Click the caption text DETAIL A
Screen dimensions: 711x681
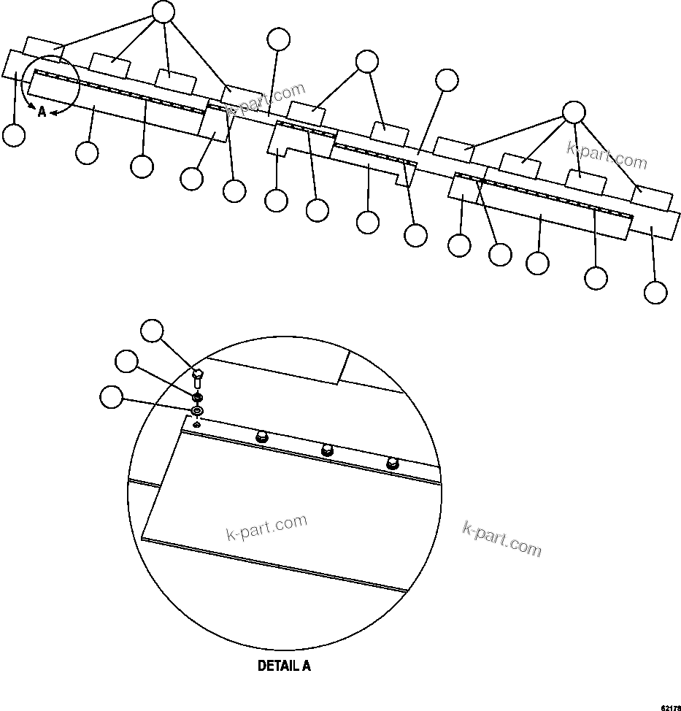[x=284, y=666]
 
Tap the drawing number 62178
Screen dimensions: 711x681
[x=669, y=707]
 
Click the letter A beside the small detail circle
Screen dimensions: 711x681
[x=42, y=112]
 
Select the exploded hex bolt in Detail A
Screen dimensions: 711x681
[x=196, y=379]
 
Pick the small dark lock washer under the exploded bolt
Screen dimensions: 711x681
[x=196, y=397]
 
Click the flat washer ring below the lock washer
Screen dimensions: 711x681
[x=196, y=412]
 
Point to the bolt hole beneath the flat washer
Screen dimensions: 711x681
[x=196, y=425]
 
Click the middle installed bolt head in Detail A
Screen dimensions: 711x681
[x=327, y=451]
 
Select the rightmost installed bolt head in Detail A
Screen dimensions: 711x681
[x=392, y=463]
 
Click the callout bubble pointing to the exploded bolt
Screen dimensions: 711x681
[x=152, y=330]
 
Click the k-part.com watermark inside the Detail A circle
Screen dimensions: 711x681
[x=267, y=528]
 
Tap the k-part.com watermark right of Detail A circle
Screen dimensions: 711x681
[x=502, y=538]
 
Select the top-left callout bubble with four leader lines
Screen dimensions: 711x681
[x=163, y=11]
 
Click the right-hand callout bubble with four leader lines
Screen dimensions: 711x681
[x=574, y=111]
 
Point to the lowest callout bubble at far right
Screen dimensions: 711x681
[x=655, y=292]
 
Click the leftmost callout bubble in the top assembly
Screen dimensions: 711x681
[x=14, y=135]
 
